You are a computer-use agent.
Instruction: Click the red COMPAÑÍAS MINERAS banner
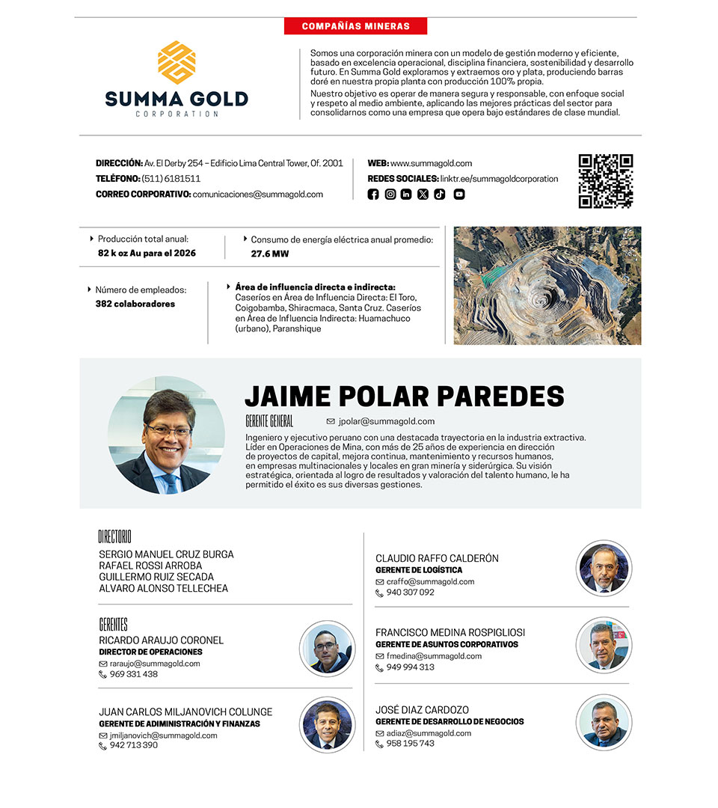coord(355,26)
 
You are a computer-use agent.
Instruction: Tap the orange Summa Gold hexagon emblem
coord(177,62)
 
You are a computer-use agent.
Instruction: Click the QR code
coord(606,181)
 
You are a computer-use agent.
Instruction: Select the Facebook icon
coord(373,195)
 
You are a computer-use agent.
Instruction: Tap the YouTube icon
coord(459,195)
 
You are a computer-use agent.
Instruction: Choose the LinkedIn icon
coord(406,195)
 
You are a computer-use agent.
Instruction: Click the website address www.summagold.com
coord(431,163)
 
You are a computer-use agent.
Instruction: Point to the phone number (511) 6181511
coord(171,179)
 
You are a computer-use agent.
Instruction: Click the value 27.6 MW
coord(269,254)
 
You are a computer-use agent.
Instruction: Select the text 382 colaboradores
coord(135,304)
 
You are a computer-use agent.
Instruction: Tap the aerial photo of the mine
coord(547,285)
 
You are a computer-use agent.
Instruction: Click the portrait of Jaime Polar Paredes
coord(166,435)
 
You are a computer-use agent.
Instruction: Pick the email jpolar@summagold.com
coord(386,421)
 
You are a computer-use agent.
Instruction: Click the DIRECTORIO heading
coord(114,536)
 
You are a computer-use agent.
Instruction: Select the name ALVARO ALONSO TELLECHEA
coord(163,588)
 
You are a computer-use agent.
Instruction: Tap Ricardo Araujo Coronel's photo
coord(327,649)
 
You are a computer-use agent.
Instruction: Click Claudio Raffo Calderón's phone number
coord(410,593)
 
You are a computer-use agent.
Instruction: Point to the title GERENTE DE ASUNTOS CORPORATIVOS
coord(447,644)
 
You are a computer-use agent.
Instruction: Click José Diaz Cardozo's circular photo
coord(604,722)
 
